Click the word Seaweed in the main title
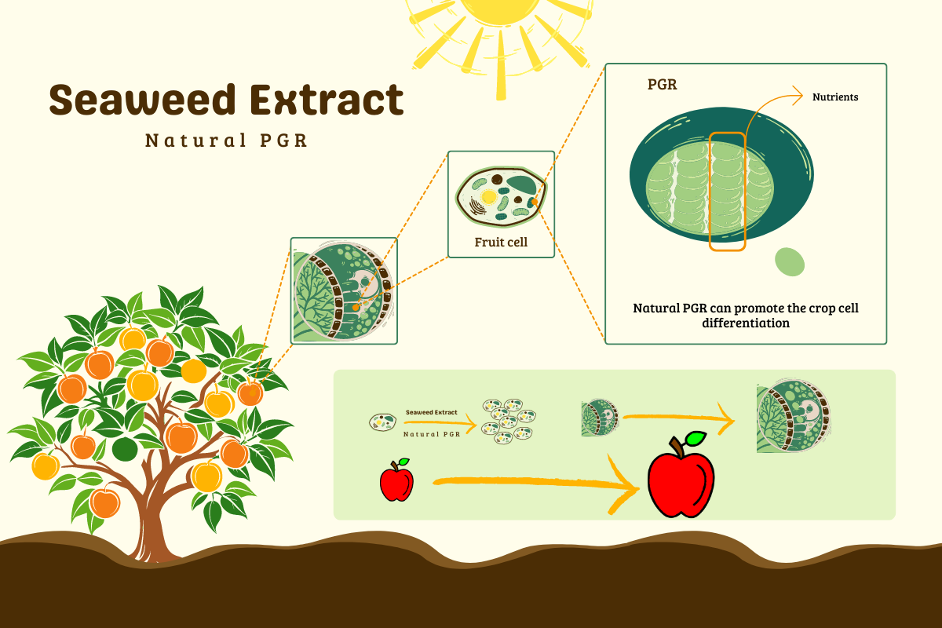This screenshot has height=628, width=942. (142, 100)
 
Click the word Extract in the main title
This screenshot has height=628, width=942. (327, 100)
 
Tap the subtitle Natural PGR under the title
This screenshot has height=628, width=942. (226, 141)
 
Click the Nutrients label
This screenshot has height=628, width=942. (835, 97)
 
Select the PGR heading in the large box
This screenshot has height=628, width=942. (663, 85)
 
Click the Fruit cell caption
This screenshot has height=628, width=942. (501, 243)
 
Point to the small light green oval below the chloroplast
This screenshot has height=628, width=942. (790, 262)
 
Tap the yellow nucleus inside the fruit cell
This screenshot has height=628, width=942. (489, 197)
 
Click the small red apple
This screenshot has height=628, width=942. (396, 480)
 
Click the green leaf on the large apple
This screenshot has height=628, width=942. (696, 439)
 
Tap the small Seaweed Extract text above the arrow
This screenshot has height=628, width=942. (432, 412)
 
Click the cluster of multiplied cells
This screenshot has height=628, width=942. (509, 422)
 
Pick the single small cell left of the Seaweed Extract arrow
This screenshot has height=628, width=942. (383, 422)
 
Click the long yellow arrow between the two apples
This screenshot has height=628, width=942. (536, 484)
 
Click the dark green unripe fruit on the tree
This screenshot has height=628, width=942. (125, 449)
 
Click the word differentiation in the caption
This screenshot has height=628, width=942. (746, 323)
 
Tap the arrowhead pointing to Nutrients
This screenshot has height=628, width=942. (798, 96)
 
